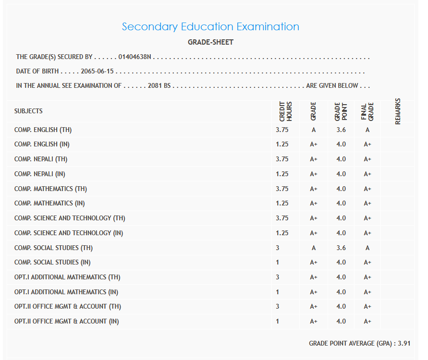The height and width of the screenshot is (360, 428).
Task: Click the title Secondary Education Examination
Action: pyautogui.click(x=210, y=27)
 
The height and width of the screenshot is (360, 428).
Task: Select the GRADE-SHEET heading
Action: pyautogui.click(x=210, y=42)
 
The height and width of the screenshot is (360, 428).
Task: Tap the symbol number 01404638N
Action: pyautogui.click(x=135, y=57)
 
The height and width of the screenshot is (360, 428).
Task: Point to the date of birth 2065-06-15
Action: pyautogui.click(x=98, y=72)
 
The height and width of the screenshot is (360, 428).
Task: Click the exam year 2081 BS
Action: pyautogui.click(x=159, y=86)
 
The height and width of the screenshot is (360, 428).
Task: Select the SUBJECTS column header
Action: pyautogui.click(x=28, y=111)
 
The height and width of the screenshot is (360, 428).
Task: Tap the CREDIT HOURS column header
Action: pyautogui.click(x=285, y=111)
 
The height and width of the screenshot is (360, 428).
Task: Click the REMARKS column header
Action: pyautogui.click(x=398, y=111)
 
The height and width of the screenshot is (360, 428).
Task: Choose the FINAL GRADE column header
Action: pyautogui.click(x=367, y=111)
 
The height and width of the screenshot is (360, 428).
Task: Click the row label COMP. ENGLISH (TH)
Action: pyautogui.click(x=43, y=130)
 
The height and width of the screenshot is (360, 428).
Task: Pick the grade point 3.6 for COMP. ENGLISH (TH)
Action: pyautogui.click(x=341, y=130)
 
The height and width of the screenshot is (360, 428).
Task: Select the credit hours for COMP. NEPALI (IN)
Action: pyautogui.click(x=282, y=174)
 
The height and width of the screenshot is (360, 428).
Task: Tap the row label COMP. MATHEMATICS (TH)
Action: pyautogui.click(x=50, y=189)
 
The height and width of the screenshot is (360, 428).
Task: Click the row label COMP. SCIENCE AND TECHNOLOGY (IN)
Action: pyautogui.click(x=69, y=233)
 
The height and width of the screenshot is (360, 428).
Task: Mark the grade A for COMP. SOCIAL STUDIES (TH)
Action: pyautogui.click(x=314, y=248)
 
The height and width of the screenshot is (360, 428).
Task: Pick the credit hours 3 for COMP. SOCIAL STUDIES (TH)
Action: pyautogui.click(x=278, y=248)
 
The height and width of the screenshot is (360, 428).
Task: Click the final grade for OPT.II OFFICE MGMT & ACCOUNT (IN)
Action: pyautogui.click(x=367, y=321)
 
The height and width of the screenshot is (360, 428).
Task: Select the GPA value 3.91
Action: pyautogui.click(x=404, y=344)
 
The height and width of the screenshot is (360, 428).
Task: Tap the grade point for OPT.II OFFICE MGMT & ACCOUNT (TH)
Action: pyautogui.click(x=341, y=306)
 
